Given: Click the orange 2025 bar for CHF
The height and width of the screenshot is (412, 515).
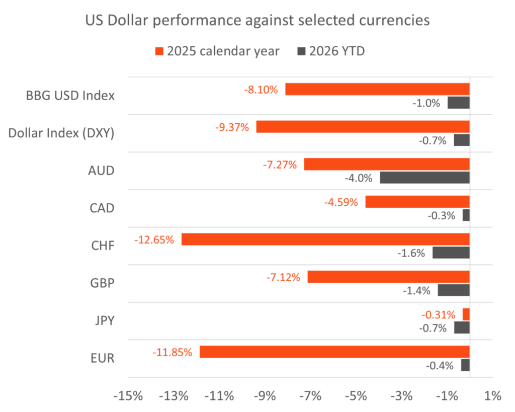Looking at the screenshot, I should pos(325,239).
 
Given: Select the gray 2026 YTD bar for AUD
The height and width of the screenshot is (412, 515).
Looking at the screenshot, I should pos(424,178).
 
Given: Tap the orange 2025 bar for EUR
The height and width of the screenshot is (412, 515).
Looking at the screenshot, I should pos(334,352).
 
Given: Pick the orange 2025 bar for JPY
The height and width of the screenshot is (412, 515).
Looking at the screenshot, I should pos(466,314).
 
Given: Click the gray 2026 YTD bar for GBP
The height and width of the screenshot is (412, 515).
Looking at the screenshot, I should pos(454,290).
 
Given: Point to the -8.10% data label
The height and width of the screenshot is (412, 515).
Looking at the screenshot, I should pos(261,90).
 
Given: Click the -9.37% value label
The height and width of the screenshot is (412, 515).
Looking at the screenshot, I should pos(232,127).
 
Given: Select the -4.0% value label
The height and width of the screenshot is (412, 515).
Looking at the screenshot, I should pos(358,178).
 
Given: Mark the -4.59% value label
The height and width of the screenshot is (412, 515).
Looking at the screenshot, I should pos(341,202).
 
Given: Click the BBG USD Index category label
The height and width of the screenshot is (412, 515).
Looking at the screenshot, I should pos(70,95).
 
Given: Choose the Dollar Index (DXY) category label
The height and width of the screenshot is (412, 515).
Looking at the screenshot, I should pos(62,133).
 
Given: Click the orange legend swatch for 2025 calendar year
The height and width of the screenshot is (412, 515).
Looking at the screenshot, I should pos(160,51).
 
